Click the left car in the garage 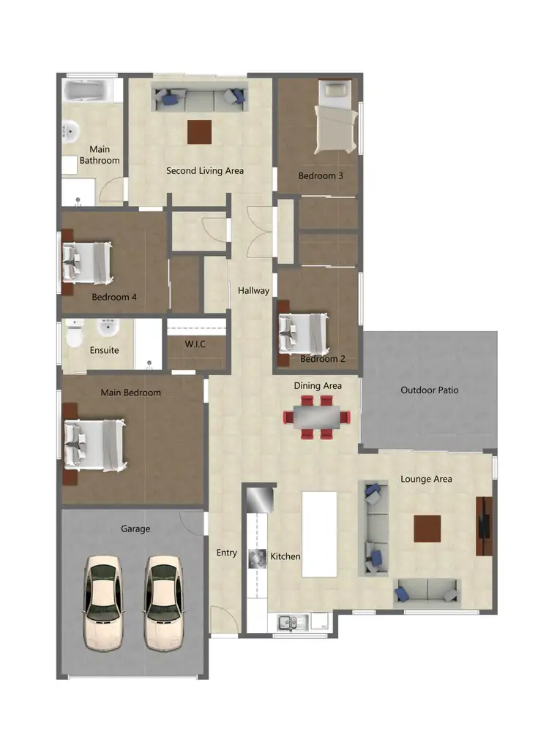point(102,602)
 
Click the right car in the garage point(163,602)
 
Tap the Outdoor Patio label point(430,390)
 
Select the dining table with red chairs point(318,417)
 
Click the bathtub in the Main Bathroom point(86,91)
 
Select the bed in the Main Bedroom point(94,444)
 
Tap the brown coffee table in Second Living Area point(199,132)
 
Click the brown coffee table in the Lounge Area point(427,529)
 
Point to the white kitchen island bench point(319,534)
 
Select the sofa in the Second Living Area point(199,98)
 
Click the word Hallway point(253,291)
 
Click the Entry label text point(226,553)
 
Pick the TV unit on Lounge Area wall point(485,526)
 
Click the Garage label point(135,529)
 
